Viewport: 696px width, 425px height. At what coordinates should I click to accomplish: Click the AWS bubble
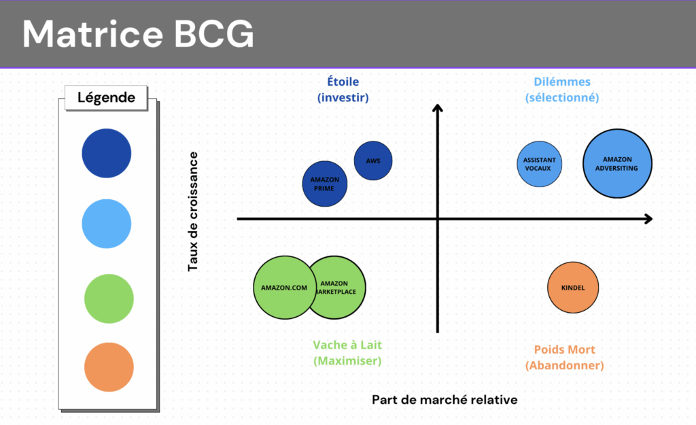pos(373,160)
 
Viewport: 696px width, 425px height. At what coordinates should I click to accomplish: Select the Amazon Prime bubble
pos(324,184)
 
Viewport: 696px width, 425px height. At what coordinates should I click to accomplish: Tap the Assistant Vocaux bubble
pos(539,164)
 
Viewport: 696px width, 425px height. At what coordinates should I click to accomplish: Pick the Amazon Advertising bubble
pos(617,164)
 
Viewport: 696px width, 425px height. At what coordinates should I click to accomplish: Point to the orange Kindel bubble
pos(572,288)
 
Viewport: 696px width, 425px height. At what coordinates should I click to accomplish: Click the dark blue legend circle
pos(107,153)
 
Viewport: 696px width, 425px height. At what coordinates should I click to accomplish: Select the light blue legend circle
pos(107,224)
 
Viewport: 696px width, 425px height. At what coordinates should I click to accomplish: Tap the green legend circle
pos(109,298)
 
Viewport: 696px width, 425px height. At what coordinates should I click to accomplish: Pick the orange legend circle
pos(109,367)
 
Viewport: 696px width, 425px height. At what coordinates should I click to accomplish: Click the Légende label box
pos(107,97)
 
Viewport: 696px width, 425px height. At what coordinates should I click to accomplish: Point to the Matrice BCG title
pos(138,34)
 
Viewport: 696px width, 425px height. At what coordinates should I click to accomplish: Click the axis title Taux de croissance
pos(193,211)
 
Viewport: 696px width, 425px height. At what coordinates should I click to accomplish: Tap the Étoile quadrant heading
pos(343,90)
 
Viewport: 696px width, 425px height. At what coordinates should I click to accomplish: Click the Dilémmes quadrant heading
pos(562,90)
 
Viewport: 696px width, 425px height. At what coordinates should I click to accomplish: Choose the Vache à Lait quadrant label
pos(347,353)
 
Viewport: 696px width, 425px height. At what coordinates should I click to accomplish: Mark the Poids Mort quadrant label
pos(564,358)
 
